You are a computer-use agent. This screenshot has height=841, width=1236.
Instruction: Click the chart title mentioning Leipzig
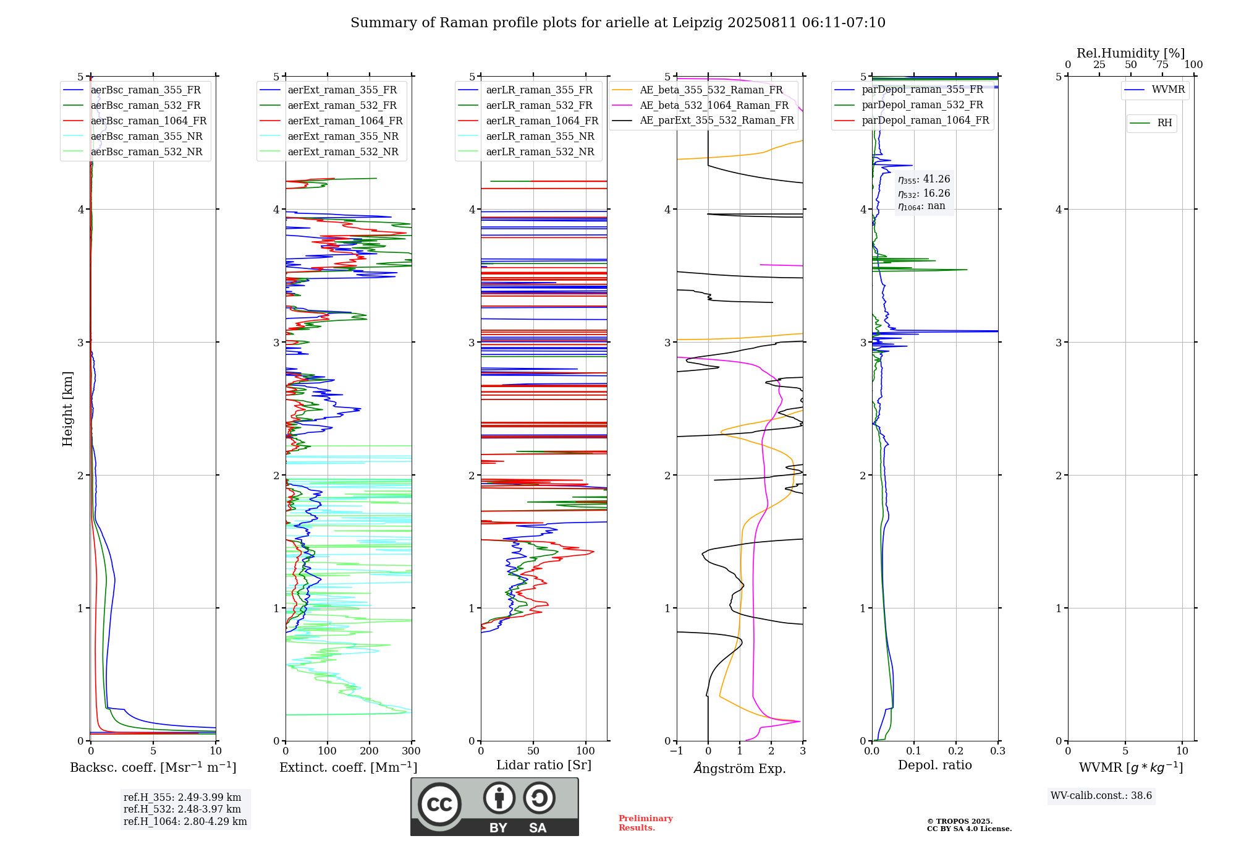(x=618, y=23)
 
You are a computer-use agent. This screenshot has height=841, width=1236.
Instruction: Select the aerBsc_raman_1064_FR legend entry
(x=135, y=121)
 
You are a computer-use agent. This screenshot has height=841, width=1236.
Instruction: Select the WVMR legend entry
(x=1154, y=90)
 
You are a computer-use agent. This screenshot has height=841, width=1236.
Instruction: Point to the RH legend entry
(x=1151, y=123)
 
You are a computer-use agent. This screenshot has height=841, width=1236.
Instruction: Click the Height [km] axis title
(x=67, y=409)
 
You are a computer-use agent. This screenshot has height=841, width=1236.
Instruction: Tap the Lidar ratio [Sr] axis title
(x=544, y=765)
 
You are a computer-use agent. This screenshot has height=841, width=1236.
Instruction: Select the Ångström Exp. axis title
(x=740, y=768)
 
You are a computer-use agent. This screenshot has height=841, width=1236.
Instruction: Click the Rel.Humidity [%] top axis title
(x=1131, y=53)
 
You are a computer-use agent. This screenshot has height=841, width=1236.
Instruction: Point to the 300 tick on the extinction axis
(x=412, y=751)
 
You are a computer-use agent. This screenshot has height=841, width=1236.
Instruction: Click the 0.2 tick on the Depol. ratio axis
(x=956, y=751)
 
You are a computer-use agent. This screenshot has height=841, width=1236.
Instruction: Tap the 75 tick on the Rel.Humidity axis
(x=1162, y=65)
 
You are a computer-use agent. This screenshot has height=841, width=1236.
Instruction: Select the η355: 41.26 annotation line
(x=924, y=179)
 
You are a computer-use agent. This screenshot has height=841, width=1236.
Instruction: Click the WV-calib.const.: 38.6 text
(x=1101, y=796)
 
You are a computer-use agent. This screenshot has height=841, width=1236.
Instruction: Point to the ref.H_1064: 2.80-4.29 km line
(x=185, y=822)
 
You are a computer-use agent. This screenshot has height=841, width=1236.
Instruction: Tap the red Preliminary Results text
(x=646, y=823)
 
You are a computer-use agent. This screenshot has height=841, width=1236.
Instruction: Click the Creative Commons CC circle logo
(x=439, y=804)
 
